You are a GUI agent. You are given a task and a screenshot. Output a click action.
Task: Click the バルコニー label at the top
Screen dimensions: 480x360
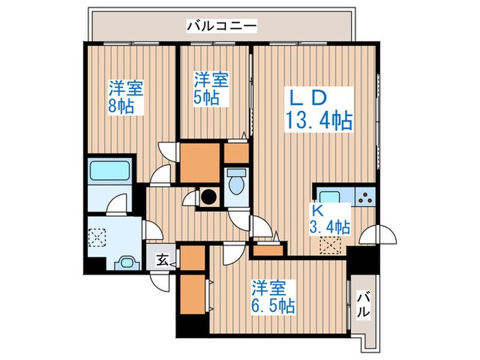click(221, 26)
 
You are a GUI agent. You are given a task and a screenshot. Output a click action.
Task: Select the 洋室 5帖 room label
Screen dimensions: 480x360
click(211, 88)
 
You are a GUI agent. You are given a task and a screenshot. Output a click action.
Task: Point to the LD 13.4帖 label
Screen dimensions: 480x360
click(319, 110)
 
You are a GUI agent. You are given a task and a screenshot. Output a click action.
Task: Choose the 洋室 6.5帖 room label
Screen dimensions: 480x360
click(273, 297)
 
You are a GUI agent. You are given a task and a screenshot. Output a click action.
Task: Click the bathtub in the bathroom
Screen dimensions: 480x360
click(110, 171)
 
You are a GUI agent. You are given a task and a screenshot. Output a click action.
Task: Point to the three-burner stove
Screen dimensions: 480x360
click(365, 197)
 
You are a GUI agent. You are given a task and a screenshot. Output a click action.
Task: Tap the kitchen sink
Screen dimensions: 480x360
click(330, 196)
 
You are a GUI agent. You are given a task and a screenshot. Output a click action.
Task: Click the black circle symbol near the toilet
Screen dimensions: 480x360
click(209, 197)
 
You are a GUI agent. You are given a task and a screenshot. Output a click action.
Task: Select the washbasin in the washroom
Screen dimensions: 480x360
click(127, 263)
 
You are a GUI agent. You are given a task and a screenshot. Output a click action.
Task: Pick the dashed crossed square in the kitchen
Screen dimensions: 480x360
click(331, 245)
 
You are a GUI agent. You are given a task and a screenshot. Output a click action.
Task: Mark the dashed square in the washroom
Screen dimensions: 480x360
click(97, 237)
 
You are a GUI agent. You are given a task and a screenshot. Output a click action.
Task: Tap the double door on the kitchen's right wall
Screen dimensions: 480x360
click(378, 235)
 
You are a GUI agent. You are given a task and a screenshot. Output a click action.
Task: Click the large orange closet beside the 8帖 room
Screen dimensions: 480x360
click(200, 163)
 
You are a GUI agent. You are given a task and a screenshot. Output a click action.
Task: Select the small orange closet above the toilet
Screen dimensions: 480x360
click(237, 153)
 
